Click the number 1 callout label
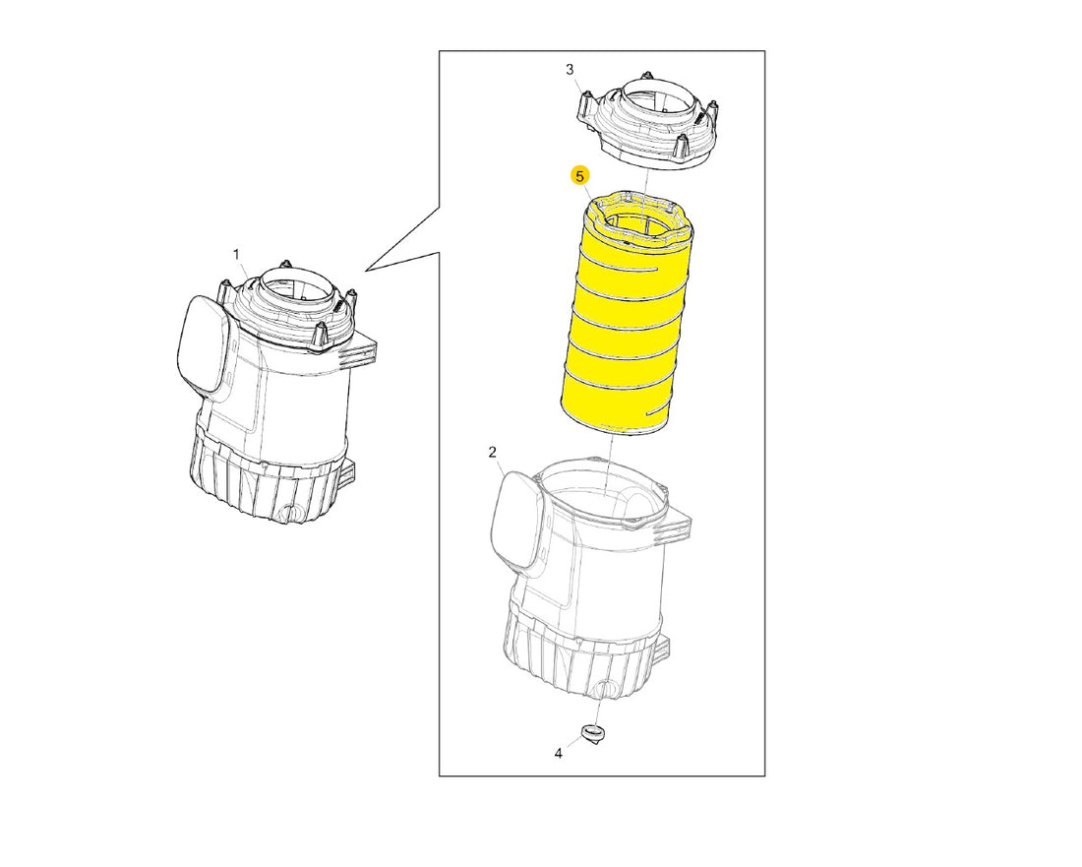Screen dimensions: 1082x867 pos(236,255)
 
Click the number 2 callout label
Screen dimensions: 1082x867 pos(492,452)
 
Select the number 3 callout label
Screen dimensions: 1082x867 pos(570,69)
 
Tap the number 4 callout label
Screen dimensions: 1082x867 pos(559,753)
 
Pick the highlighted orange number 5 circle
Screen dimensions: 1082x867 pos(580,176)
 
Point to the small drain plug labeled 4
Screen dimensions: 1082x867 pos(591,732)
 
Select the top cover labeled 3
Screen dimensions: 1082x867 pos(646,120)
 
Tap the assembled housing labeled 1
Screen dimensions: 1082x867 pos(276,394)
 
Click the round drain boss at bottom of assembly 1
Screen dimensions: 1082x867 pos(291,513)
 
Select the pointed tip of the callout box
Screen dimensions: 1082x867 pos(365,270)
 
